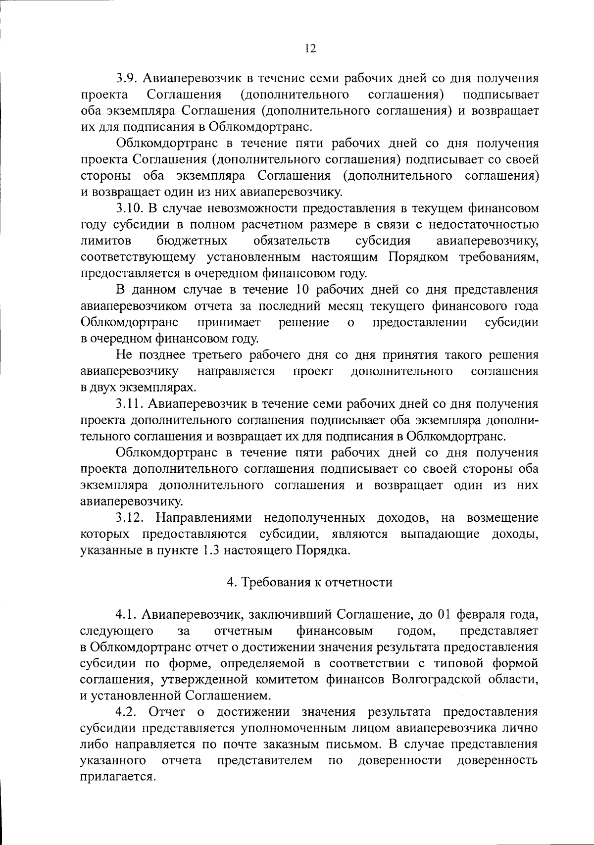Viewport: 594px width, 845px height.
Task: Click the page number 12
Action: tap(310, 48)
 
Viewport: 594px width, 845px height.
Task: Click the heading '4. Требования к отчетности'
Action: tap(309, 582)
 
